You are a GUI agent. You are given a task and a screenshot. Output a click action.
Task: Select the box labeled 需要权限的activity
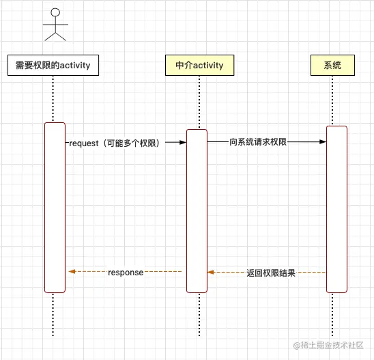(x=53, y=66)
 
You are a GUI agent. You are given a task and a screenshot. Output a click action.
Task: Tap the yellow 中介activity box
(x=199, y=66)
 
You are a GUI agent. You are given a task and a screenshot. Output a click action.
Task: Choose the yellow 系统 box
(x=332, y=66)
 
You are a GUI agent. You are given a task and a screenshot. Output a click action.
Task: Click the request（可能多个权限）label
(x=114, y=143)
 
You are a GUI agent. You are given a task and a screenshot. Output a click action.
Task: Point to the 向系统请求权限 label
(x=257, y=142)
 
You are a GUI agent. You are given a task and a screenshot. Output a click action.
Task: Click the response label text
(x=126, y=273)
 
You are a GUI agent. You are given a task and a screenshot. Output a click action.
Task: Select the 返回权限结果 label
(x=270, y=273)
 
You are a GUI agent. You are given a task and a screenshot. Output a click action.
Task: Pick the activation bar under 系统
(x=336, y=209)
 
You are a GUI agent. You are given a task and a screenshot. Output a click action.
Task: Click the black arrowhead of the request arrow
(x=183, y=143)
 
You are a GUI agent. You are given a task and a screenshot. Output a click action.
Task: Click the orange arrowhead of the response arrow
(x=71, y=272)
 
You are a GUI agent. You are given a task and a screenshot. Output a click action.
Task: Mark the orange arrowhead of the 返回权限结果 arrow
(x=211, y=272)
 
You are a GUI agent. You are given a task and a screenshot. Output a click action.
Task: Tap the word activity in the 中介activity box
(x=208, y=66)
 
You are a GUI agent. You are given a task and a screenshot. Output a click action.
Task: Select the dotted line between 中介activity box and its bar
(x=199, y=102)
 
